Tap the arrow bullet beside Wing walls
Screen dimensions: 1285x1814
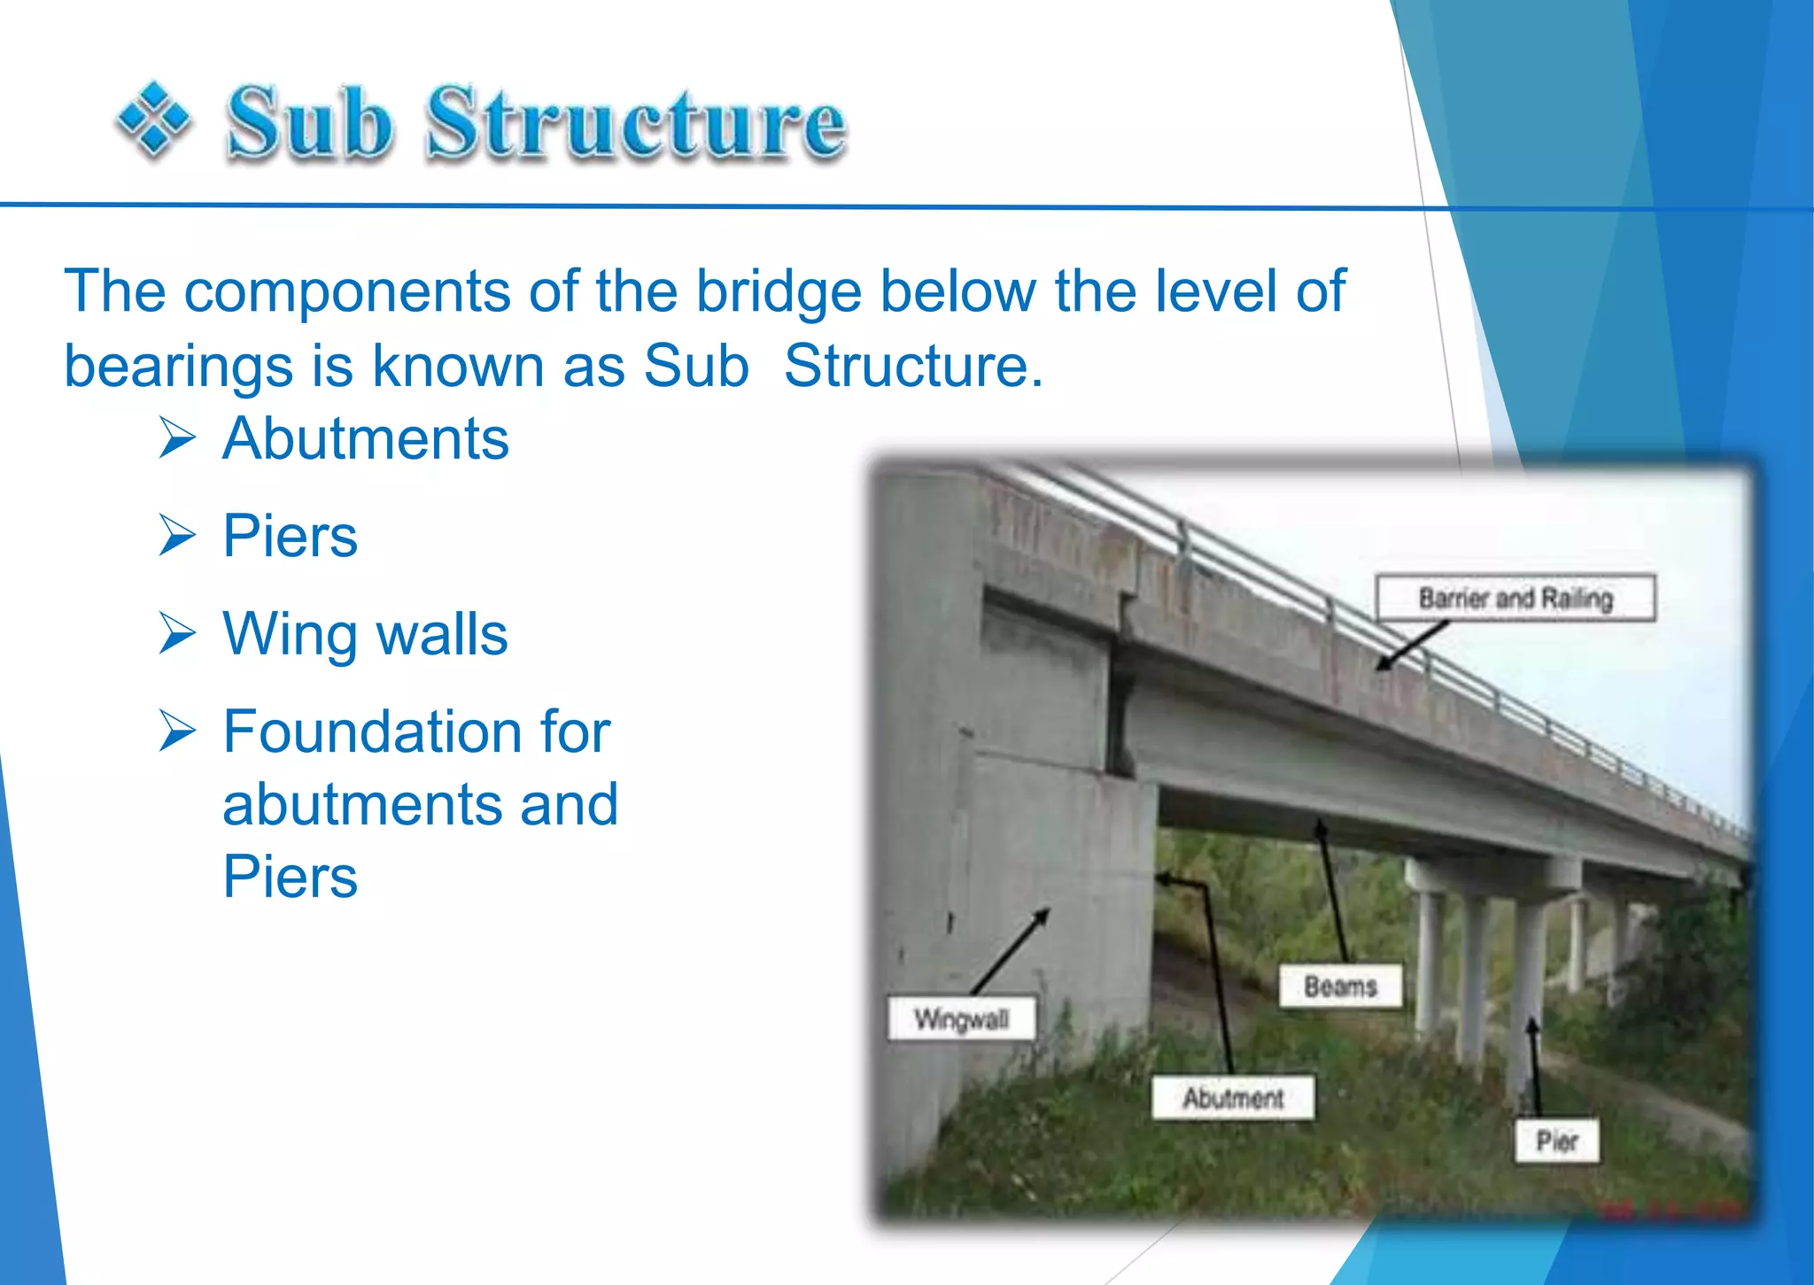tap(177, 633)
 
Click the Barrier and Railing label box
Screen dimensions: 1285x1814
tap(1515, 599)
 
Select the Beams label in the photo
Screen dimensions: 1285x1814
tap(1340, 987)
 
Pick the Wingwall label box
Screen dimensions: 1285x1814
tap(961, 1019)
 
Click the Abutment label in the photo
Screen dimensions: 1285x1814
tap(1232, 1098)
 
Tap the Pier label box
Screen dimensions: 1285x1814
tap(1556, 1141)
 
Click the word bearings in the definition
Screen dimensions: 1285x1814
tap(178, 367)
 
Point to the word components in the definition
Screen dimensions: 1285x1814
tap(347, 290)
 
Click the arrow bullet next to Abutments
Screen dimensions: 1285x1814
tap(177, 438)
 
